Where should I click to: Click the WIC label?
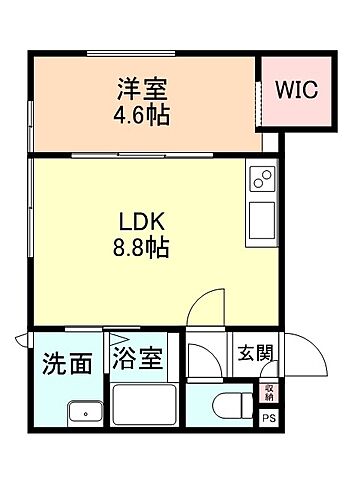pyautogui.click(x=296, y=89)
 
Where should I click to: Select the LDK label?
pyautogui.click(x=142, y=219)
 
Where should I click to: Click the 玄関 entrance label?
pyautogui.click(x=255, y=352)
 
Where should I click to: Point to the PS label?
pyautogui.click(x=268, y=418)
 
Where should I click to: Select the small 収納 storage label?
pyautogui.click(x=268, y=391)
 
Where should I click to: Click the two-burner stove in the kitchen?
pyautogui.click(x=262, y=180)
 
